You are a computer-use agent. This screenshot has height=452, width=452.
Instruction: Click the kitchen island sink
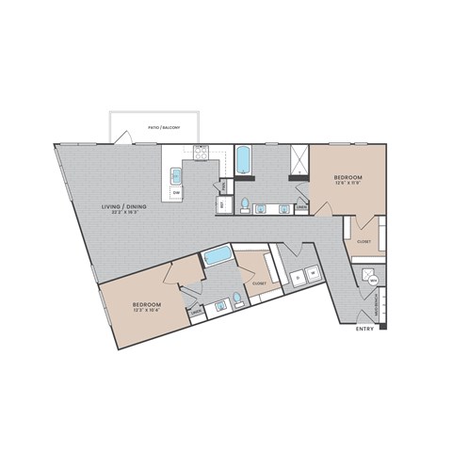tap(175, 174)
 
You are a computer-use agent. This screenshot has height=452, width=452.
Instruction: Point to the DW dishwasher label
tap(176, 193)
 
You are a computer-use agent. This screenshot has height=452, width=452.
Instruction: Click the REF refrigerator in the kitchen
tap(222, 203)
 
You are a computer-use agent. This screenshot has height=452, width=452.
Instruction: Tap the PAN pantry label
tap(223, 186)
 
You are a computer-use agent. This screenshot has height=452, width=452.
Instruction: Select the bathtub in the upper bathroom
tap(243, 160)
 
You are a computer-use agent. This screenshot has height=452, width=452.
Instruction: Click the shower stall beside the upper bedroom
tap(299, 161)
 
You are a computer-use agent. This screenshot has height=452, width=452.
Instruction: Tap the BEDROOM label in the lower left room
tap(145, 305)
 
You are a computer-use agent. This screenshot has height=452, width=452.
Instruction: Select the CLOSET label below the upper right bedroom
tap(363, 241)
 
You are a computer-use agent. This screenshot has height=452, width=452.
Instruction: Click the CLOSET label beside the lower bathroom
tap(259, 282)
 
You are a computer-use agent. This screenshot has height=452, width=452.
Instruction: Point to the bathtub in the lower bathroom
tap(218, 255)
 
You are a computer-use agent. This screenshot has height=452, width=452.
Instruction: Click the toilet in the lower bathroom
tap(237, 299)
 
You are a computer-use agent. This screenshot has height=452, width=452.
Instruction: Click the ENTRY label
tap(364, 330)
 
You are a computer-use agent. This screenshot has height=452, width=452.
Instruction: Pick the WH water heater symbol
tap(373, 280)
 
